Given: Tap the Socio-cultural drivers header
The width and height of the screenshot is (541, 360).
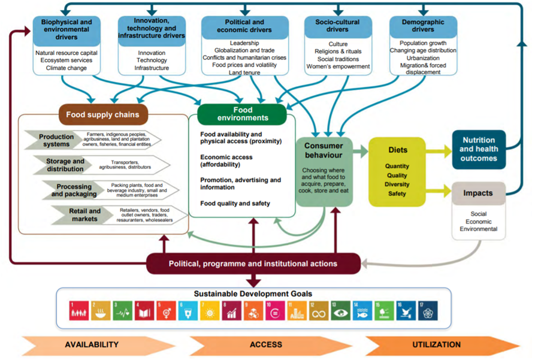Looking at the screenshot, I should click(338, 25).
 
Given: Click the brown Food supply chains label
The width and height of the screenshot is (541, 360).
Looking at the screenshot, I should click(103, 114).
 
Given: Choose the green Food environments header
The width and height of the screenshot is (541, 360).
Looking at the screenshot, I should click(243, 114).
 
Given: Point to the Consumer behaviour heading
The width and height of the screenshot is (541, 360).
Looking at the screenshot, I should click(324, 150).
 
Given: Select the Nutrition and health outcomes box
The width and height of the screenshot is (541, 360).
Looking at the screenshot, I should click(479, 149).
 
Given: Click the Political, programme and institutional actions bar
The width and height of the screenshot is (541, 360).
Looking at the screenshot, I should click(253, 264).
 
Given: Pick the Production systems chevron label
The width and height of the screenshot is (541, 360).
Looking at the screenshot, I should click(56, 140).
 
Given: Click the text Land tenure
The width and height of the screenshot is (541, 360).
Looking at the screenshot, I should click(244, 72).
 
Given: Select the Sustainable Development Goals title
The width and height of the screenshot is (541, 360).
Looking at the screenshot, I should click(253, 294).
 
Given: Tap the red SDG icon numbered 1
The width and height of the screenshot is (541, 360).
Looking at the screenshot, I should click(78, 311).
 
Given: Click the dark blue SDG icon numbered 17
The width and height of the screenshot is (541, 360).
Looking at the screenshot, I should click(428, 311).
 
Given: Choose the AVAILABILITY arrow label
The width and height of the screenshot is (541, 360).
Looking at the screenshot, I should click(92, 344).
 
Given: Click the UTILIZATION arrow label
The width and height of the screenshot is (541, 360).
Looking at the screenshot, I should click(436, 344).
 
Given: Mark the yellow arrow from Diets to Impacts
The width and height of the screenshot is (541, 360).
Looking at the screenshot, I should click(439, 191).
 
